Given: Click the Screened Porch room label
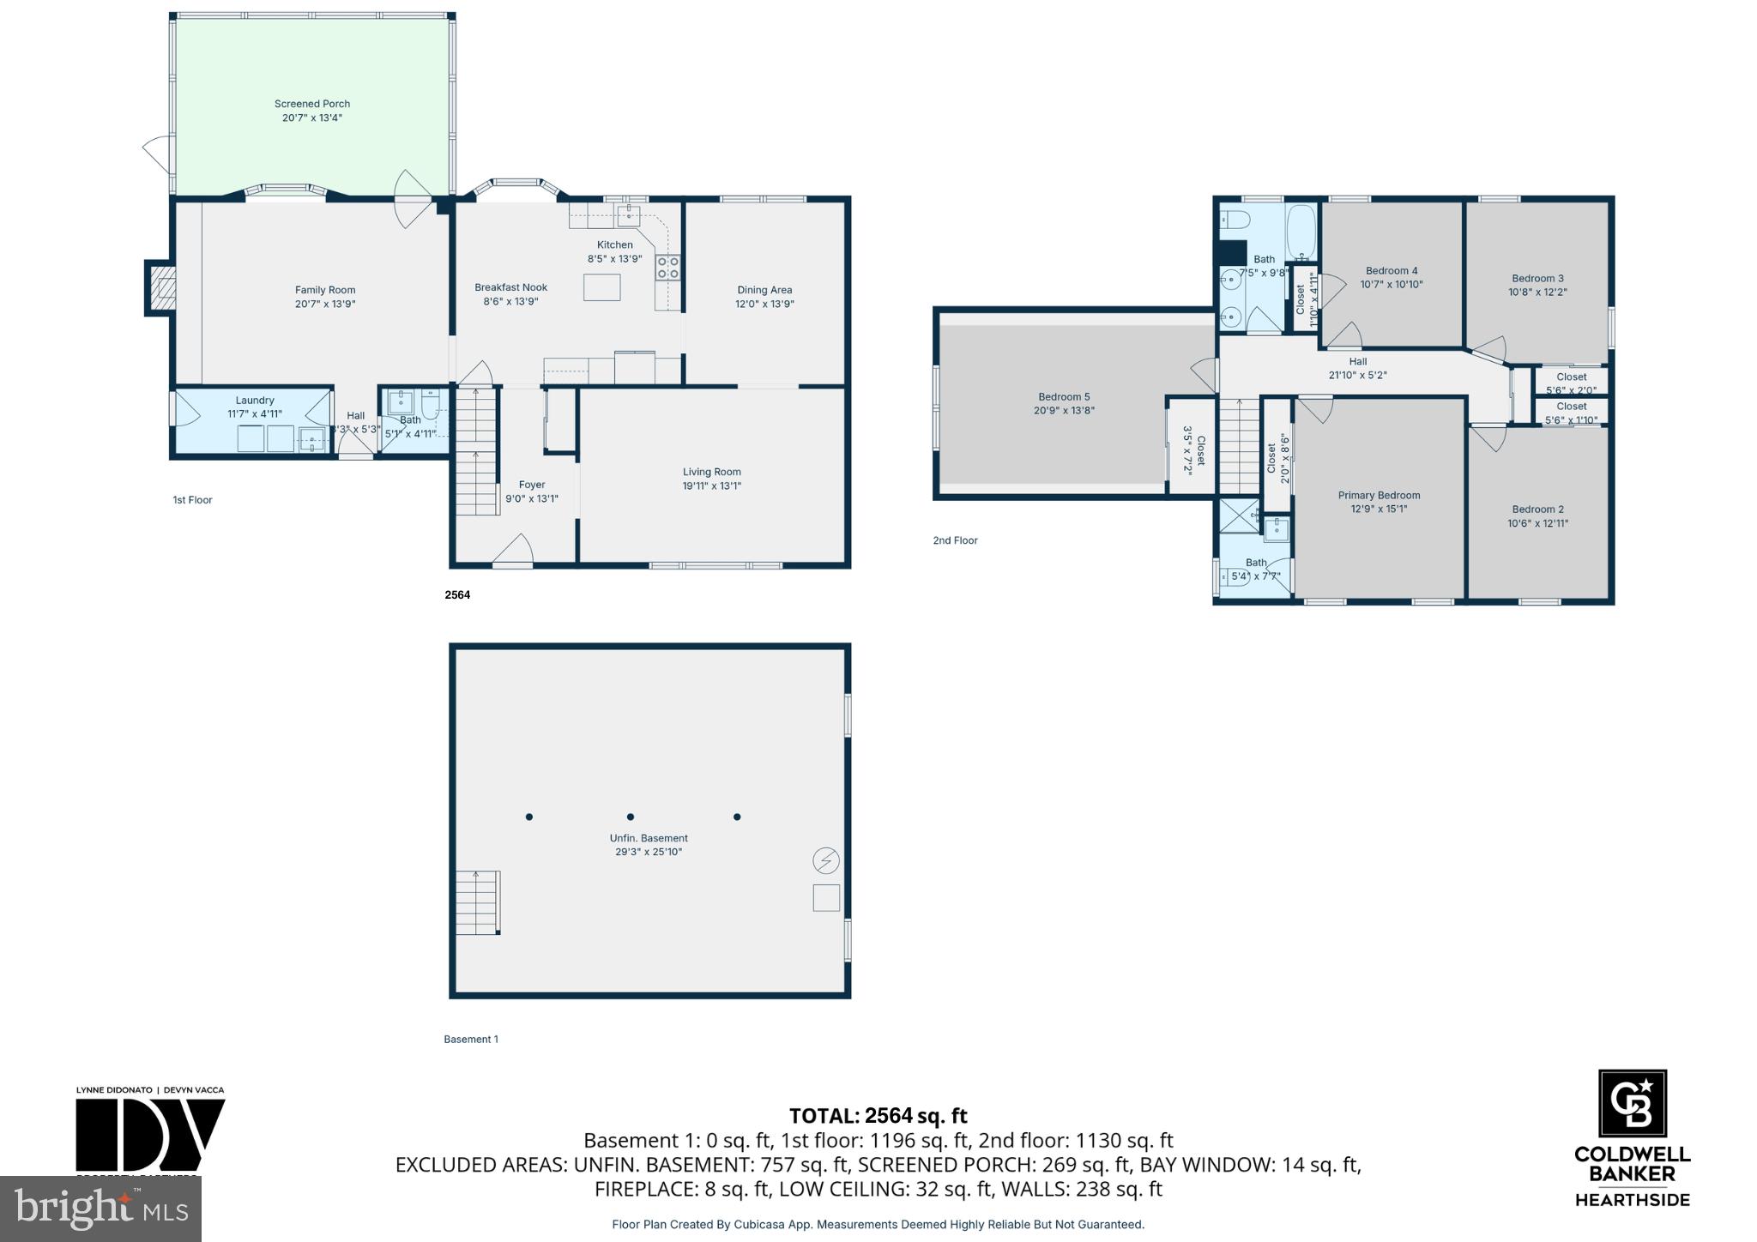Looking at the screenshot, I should [x=312, y=104].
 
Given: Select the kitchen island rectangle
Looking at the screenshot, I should [x=601, y=286].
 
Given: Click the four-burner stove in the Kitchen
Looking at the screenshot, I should [x=668, y=268].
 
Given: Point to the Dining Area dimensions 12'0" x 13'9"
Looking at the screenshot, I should [x=764, y=304].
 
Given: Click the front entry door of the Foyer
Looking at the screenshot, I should [x=513, y=552].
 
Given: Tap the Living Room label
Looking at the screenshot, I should [x=711, y=472].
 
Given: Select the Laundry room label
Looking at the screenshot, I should [x=255, y=401].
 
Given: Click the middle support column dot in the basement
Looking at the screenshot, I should [x=631, y=817].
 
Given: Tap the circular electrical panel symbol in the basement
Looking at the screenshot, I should [x=826, y=860].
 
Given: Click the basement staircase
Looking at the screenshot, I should [x=477, y=902].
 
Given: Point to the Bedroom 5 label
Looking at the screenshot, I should [x=1064, y=396].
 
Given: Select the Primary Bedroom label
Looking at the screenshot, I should [x=1379, y=495].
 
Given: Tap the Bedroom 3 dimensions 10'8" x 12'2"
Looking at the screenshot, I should [x=1537, y=292].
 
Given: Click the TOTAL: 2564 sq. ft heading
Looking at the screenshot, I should [x=878, y=1116].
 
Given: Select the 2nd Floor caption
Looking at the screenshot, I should [x=955, y=540].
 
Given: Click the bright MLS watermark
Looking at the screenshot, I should [x=101, y=1209].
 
